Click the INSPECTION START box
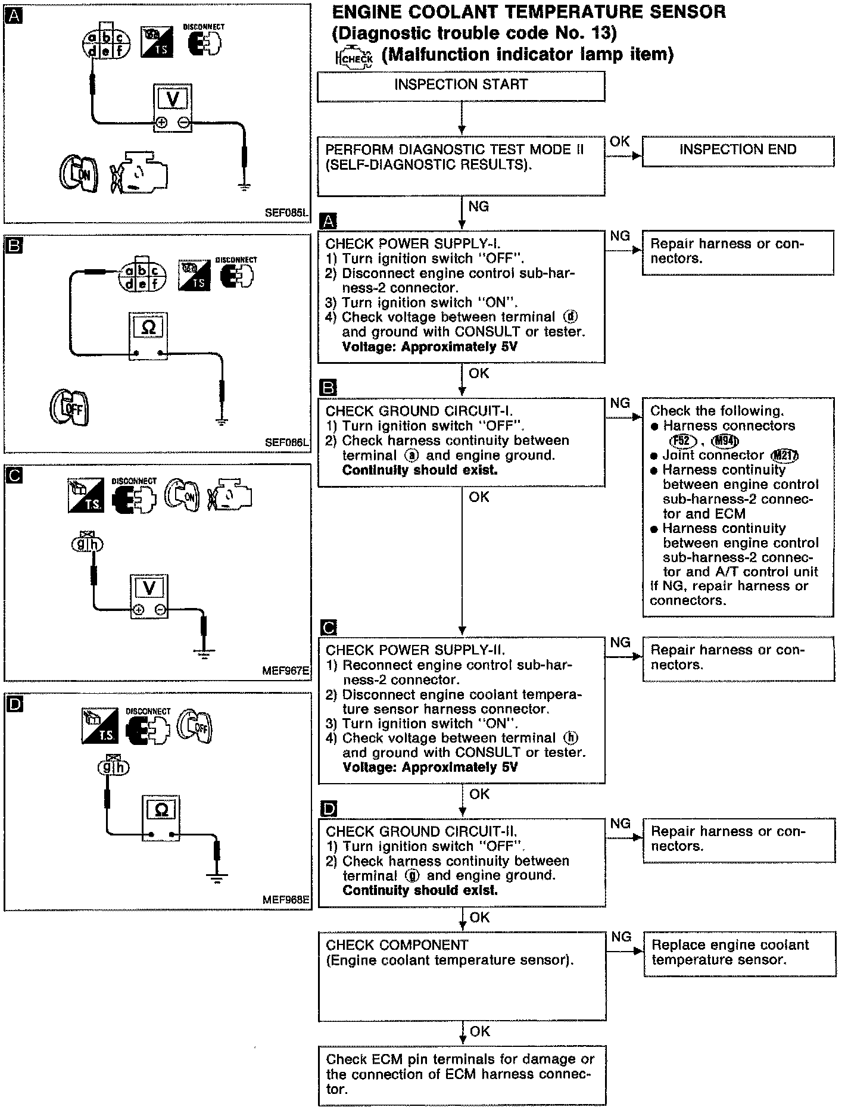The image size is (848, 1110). coord(461,85)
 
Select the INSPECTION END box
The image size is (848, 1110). coord(738,150)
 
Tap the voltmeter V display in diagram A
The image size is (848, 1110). coord(172,99)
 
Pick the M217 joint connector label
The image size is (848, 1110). coord(785,456)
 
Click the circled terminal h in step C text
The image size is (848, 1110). coord(571,738)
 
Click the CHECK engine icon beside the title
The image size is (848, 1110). coord(354,57)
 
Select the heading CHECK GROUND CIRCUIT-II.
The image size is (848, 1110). coord(421,832)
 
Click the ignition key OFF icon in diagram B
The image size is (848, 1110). coord(69,408)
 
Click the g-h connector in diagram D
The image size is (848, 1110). coord(113,767)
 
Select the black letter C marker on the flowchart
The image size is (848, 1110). coord(328,628)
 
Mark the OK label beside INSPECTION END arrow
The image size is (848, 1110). coord(619,141)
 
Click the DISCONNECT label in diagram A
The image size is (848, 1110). coord(204,27)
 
